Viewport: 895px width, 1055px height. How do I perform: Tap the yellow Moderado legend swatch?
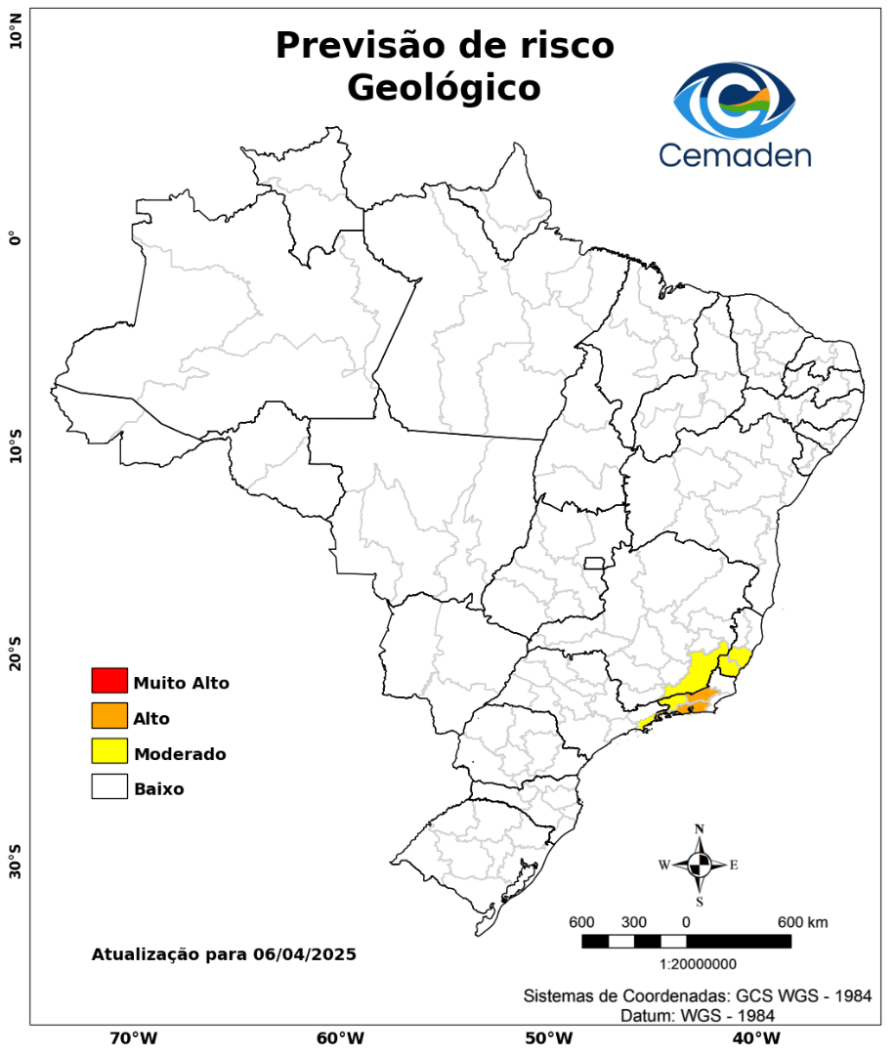(109, 752)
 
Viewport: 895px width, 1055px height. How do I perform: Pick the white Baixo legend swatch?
(109, 787)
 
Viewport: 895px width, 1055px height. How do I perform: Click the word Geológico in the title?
(444, 88)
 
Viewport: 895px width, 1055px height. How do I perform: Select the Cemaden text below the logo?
(735, 154)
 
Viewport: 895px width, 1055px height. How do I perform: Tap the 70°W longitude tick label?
(133, 1037)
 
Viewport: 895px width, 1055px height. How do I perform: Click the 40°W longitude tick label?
(753, 1037)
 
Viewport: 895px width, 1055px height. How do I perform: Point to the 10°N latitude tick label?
(15, 39)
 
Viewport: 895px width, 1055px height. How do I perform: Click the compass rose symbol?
(700, 865)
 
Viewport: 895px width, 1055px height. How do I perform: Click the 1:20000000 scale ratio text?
(699, 965)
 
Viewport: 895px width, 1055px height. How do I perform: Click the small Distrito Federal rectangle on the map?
(594, 563)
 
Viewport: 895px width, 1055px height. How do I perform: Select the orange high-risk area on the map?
(700, 699)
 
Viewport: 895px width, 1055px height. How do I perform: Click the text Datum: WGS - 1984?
(698, 1016)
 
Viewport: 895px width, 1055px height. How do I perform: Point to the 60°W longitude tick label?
(340, 1037)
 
